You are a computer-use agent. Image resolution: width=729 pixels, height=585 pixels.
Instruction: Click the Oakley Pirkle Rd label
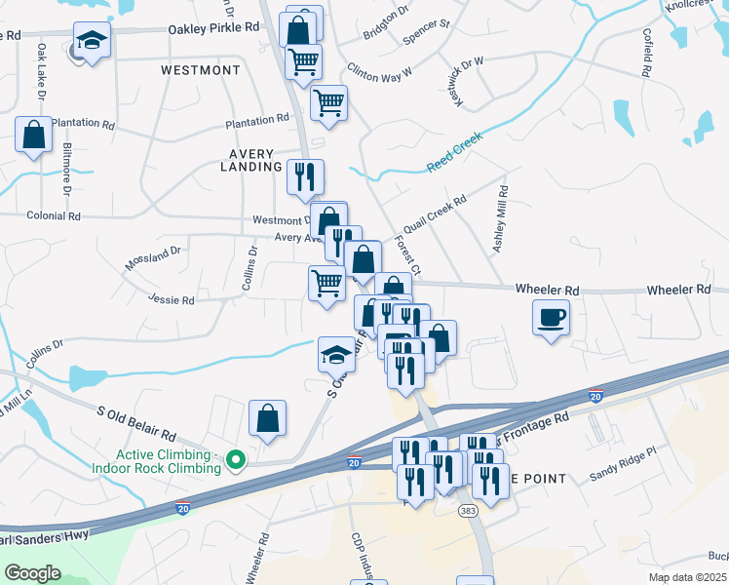pos(213,29)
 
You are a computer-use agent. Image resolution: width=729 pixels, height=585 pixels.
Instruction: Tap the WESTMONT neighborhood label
pos(200,71)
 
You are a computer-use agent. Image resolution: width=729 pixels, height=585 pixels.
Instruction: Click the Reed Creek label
pos(454,155)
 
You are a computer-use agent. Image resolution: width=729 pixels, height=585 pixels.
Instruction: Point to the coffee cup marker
pos(552,317)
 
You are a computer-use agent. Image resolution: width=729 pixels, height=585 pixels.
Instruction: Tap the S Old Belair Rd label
pos(136,422)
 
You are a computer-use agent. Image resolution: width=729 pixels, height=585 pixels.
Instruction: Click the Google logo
pos(32,573)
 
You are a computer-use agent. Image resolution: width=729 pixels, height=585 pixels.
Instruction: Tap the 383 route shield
pos(468,511)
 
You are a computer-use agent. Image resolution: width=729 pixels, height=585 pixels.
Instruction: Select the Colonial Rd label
pos(54,215)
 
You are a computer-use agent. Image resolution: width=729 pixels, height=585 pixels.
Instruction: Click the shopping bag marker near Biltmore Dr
pos(34,136)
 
